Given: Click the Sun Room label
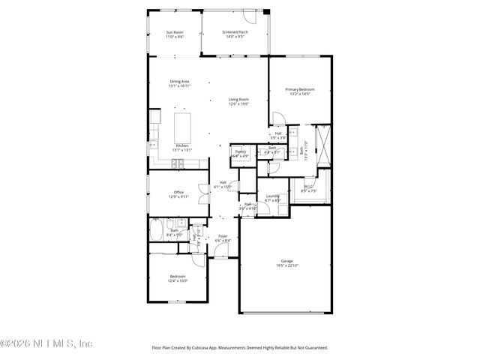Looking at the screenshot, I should point(174,32).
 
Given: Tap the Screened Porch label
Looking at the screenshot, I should point(235,32).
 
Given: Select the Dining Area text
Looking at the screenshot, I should point(178,81).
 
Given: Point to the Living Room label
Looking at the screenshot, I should point(238,99).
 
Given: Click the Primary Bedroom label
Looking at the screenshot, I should point(299,89).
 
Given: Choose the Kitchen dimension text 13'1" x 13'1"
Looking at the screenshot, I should point(182,150).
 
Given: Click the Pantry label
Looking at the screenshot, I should point(240,151).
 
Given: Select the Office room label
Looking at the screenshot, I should point(178,192).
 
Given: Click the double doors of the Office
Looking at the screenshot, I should point(202,193).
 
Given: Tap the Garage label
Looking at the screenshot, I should point(286,260).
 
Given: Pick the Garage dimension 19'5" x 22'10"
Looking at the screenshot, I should point(286,265).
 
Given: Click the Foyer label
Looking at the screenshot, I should point(223,236).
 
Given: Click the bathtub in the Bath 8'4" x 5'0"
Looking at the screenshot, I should point(157,229).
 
